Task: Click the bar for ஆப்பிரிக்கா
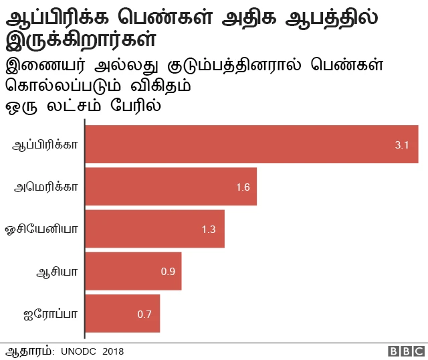[x=251, y=145]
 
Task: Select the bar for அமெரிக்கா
[x=171, y=187]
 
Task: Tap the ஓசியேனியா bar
[x=155, y=229]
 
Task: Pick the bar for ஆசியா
[x=134, y=271]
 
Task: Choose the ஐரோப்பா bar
[x=123, y=313]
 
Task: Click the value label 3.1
[x=402, y=145]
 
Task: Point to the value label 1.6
[x=243, y=187]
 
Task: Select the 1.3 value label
[x=209, y=230]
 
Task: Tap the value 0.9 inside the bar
[x=168, y=272]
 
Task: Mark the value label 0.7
[x=144, y=314]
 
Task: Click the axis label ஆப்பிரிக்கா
[x=45, y=145]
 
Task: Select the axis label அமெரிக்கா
[x=47, y=187]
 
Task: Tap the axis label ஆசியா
[x=58, y=271]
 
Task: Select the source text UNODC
[x=79, y=351]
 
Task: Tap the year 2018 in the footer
[x=114, y=351]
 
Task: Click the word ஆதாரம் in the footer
[x=29, y=351]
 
